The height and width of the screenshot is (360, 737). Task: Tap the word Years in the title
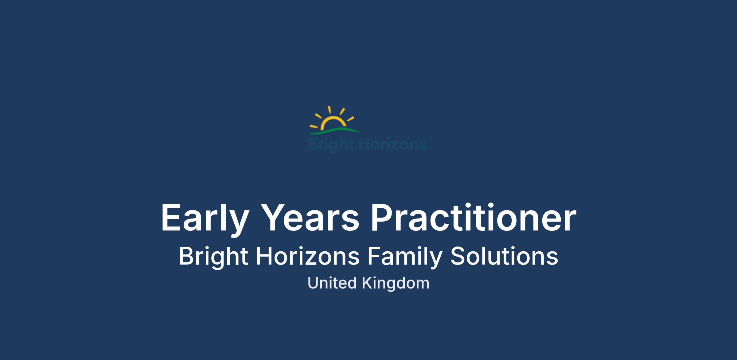(311, 217)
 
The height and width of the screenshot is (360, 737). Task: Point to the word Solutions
(504, 256)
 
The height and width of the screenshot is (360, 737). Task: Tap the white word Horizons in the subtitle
(308, 256)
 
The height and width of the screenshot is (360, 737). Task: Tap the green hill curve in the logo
(335, 130)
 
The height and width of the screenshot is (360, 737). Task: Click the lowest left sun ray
(314, 126)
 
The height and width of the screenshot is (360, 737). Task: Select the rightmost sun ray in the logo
(351, 118)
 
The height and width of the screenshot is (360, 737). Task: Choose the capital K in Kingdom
(367, 283)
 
